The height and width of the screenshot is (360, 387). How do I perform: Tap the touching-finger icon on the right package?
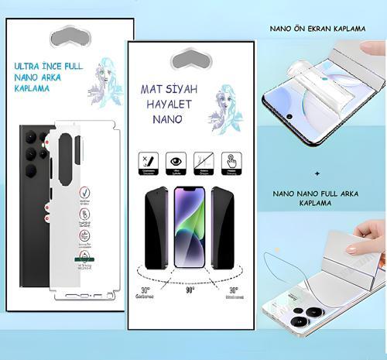click(231, 160)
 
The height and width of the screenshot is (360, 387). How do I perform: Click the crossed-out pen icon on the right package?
click(147, 160)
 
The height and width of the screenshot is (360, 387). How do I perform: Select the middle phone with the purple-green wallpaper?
click(189, 228)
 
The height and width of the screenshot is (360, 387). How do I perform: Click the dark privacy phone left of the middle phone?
click(157, 228)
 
